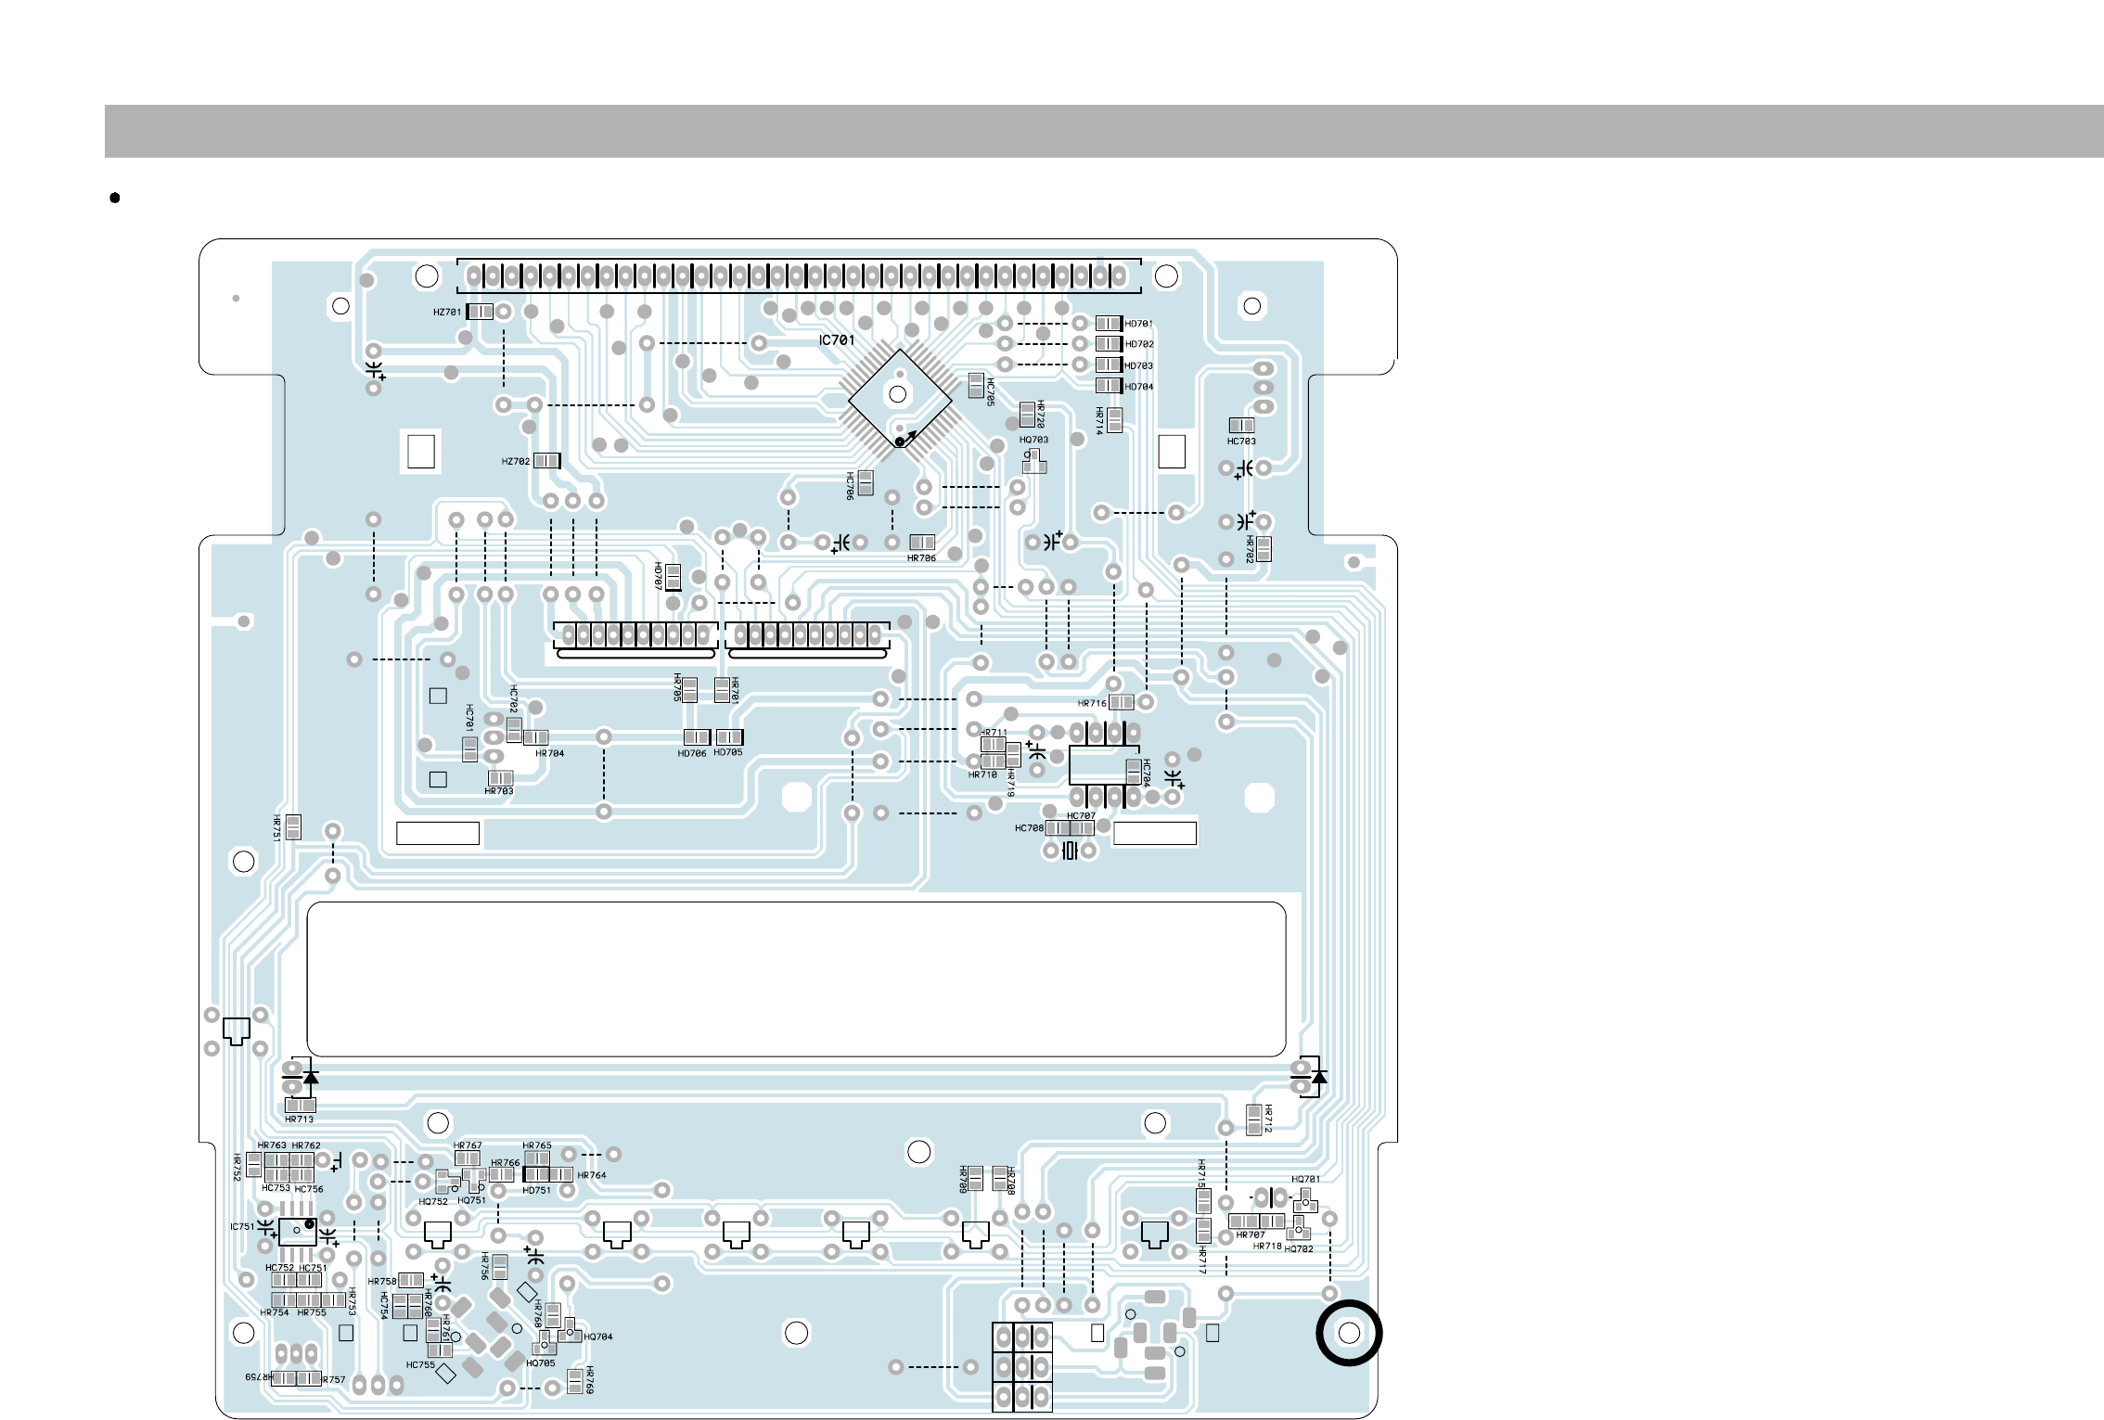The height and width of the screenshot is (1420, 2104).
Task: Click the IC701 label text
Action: pyautogui.click(x=836, y=340)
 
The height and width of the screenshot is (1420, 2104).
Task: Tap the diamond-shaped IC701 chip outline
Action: pyautogui.click(x=899, y=400)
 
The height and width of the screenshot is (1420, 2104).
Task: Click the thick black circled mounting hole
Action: pyautogui.click(x=1349, y=1333)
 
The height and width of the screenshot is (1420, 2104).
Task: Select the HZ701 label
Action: pyautogui.click(x=446, y=313)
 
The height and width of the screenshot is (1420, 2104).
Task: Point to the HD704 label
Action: pyautogui.click(x=1139, y=387)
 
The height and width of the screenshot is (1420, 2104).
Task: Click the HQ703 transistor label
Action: pyautogui.click(x=1033, y=440)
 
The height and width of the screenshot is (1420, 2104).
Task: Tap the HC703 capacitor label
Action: pyautogui.click(x=1241, y=441)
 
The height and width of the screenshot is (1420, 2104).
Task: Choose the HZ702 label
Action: pyautogui.click(x=515, y=462)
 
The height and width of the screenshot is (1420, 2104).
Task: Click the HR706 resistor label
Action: pyautogui.click(x=921, y=558)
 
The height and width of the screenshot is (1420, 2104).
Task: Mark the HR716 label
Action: pyautogui.click(x=1092, y=703)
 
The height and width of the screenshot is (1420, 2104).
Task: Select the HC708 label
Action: pyautogui.click(x=1029, y=828)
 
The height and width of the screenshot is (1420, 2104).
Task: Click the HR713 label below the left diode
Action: pyautogui.click(x=299, y=1119)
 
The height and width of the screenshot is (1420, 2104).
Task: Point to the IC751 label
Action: pyautogui.click(x=241, y=1226)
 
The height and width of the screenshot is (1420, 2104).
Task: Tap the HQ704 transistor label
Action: pyautogui.click(x=598, y=1337)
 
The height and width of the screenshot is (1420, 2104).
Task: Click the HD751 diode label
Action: pyautogui.click(x=536, y=1190)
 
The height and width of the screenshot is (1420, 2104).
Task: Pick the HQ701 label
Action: pyautogui.click(x=1305, y=1180)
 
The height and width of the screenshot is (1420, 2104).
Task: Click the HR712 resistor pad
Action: pyautogui.click(x=1254, y=1119)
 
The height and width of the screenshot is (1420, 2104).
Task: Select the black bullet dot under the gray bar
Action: pyautogui.click(x=115, y=198)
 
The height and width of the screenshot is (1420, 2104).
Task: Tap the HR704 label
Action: pyautogui.click(x=549, y=753)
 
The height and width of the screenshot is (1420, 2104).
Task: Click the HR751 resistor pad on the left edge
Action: pyautogui.click(x=293, y=826)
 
